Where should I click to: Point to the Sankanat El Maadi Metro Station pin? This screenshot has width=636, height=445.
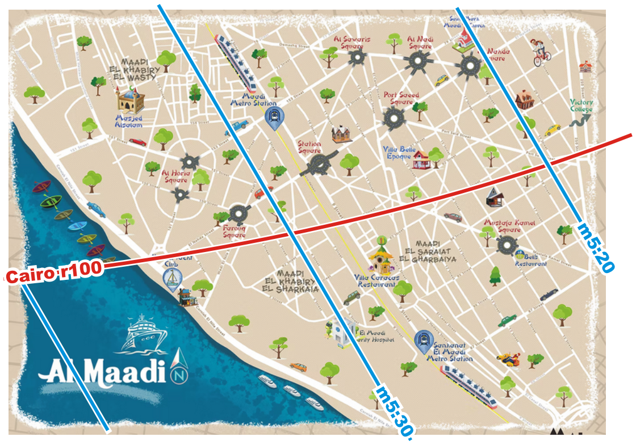click(x=422, y=339)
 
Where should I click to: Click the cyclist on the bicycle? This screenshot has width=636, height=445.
click(x=541, y=52)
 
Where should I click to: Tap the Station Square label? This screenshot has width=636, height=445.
click(x=309, y=147)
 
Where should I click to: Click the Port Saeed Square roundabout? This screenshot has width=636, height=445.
click(x=393, y=119)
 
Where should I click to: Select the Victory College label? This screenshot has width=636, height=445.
click(x=581, y=106)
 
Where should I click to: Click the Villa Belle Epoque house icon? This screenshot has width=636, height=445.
click(x=421, y=160)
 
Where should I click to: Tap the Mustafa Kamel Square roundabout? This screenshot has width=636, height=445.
click(x=505, y=245)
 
